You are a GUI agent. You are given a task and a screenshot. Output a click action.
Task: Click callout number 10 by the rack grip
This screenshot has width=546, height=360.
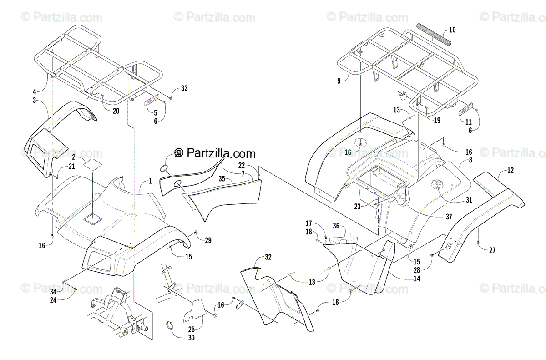(452, 30)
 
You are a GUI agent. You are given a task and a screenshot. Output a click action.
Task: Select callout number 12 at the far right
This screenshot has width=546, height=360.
(511, 171)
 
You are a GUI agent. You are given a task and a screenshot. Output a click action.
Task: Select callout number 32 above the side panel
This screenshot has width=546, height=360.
(268, 257)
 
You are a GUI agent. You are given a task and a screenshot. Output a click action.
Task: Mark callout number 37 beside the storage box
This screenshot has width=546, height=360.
(449, 217)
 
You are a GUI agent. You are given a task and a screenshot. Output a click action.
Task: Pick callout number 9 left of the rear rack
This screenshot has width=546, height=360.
(339, 81)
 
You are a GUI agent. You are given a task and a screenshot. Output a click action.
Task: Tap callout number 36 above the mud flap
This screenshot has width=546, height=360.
(336, 225)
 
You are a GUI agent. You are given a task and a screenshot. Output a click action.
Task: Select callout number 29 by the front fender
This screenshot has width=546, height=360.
(208, 240)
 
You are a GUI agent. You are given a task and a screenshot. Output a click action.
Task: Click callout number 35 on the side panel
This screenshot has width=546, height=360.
(222, 178)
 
